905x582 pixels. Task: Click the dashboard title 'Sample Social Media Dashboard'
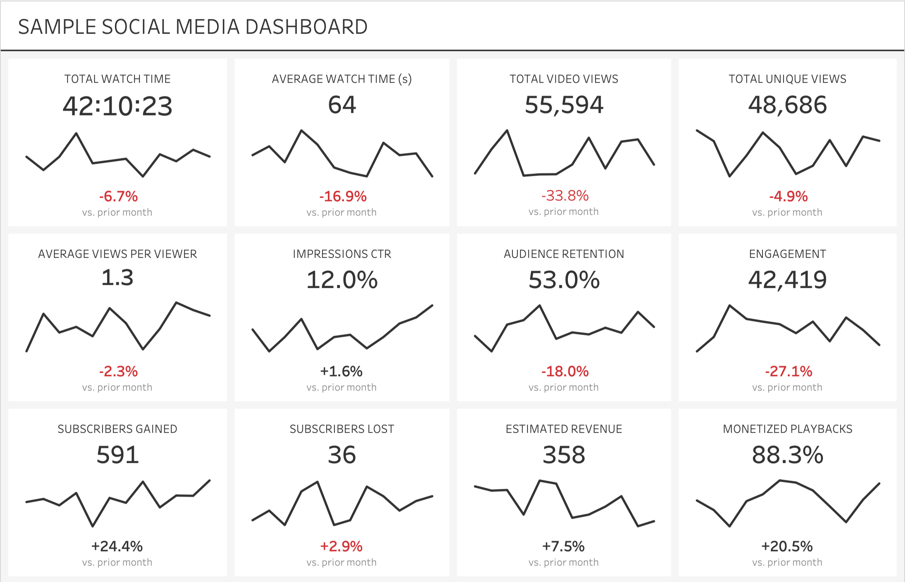click(x=193, y=27)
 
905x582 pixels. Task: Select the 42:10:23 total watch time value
click(x=118, y=106)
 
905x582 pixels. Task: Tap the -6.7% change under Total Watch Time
click(x=118, y=197)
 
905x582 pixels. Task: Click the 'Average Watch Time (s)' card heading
click(x=342, y=79)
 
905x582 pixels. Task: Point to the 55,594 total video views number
click(x=564, y=105)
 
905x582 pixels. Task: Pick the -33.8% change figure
click(x=564, y=196)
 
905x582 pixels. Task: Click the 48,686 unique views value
click(x=787, y=105)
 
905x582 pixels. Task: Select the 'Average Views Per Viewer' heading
click(x=118, y=254)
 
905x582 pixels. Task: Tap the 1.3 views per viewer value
click(x=118, y=278)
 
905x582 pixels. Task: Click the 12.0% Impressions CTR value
click(x=342, y=280)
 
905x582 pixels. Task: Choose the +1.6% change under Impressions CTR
click(x=341, y=372)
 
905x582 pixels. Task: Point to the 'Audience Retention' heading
click(x=564, y=254)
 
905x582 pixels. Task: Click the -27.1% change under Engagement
click(x=788, y=372)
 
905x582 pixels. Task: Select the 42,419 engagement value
click(x=787, y=280)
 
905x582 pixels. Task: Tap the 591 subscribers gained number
click(x=118, y=455)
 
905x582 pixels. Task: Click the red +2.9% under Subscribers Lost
click(x=341, y=547)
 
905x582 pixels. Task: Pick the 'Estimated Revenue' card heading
click(x=564, y=429)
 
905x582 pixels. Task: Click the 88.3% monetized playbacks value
click(x=787, y=455)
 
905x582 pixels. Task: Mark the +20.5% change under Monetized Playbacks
click(x=787, y=547)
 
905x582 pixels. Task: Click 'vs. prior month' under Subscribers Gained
click(x=117, y=562)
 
